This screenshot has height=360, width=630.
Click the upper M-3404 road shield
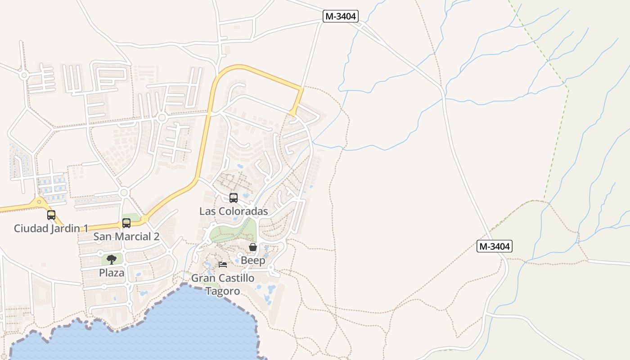(341, 16)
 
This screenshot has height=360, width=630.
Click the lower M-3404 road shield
(495, 246)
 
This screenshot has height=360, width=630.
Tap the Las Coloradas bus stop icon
(233, 198)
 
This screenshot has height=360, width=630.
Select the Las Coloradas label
(234, 211)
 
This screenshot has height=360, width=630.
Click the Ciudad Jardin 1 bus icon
(51, 215)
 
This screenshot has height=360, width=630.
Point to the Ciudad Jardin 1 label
(50, 228)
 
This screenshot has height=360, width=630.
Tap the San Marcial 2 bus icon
(126, 223)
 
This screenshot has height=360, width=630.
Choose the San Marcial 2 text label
(126, 237)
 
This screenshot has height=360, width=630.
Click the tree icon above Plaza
(112, 259)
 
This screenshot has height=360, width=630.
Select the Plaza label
(112, 273)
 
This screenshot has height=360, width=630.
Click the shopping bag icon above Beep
(253, 247)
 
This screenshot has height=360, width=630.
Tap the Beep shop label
(253, 261)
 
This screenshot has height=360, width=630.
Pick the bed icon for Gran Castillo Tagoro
(222, 265)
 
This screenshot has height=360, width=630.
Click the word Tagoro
(223, 291)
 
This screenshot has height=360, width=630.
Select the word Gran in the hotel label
(202, 278)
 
